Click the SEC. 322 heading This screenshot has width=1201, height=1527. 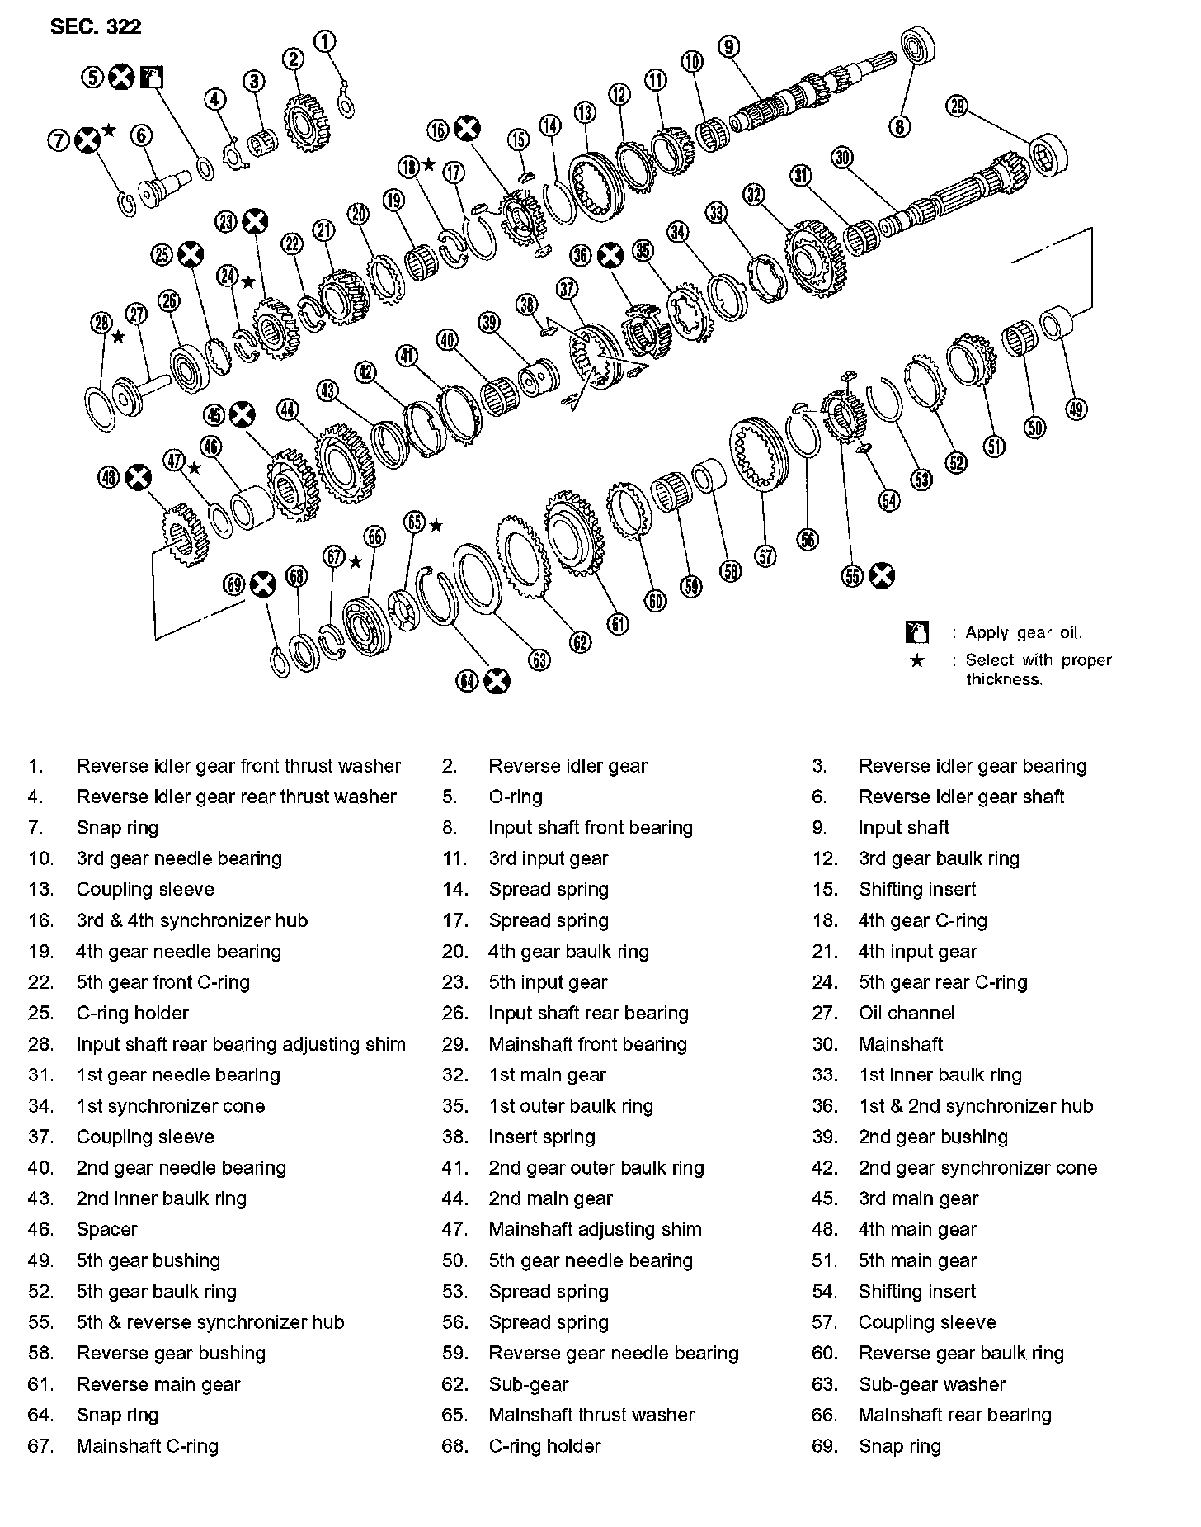pos(96,26)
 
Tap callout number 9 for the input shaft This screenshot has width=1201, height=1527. pos(728,46)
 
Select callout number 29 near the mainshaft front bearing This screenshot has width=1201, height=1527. pos(958,106)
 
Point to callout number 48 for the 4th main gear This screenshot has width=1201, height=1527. pos(109,476)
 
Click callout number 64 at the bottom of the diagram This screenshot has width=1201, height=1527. pos(468,680)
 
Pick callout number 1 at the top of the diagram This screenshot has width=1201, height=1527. pos(326,40)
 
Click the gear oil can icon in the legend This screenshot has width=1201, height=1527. pos(916,633)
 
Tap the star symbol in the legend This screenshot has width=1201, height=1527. pos(916,661)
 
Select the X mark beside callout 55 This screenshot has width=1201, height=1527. pos(882,575)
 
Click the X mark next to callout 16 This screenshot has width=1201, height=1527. pos(467,130)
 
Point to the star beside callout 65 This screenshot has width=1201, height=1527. pos(436,525)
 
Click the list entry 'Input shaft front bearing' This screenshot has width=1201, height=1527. pos(590,828)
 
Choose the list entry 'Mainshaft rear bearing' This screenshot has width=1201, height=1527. pos(954,1415)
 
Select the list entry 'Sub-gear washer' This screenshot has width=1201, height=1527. pos(932,1384)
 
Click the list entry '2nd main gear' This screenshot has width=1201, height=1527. pos(550,1198)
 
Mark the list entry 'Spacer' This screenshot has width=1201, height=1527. pos(106,1229)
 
